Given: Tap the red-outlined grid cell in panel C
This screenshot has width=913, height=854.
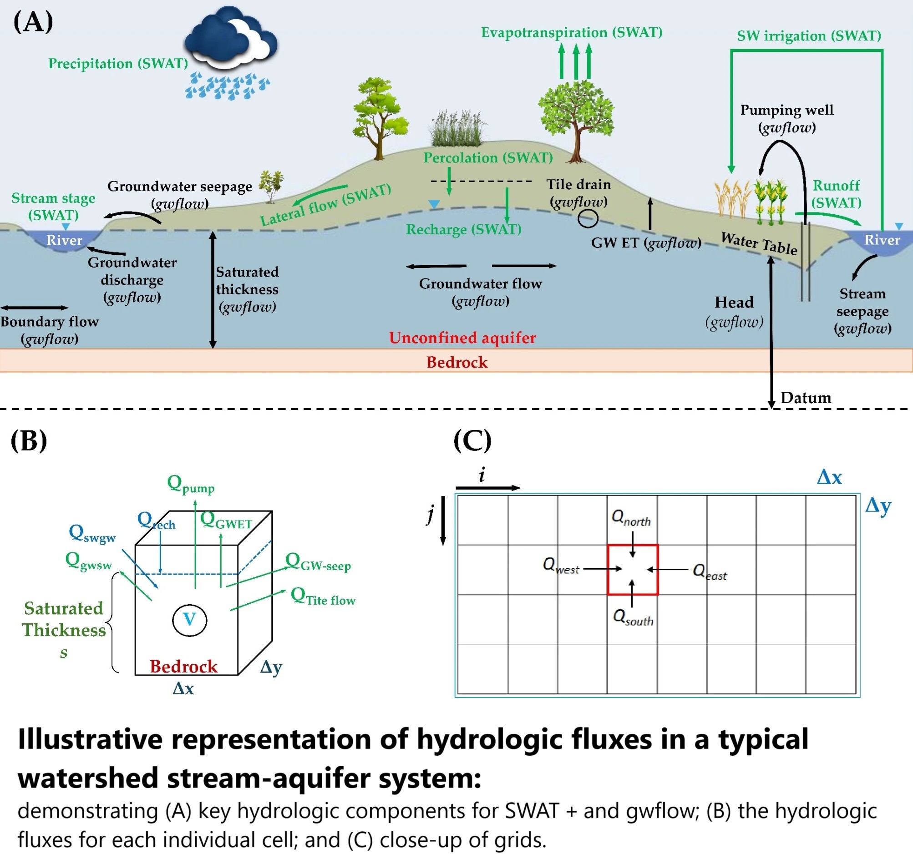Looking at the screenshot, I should [x=632, y=569].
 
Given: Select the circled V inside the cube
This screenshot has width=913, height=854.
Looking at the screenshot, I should [x=190, y=620].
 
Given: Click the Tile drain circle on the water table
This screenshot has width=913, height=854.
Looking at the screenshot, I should [x=588, y=218].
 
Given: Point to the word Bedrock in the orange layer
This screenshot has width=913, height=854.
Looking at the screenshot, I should [x=456, y=362].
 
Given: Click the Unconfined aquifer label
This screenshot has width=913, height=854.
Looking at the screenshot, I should [x=462, y=338].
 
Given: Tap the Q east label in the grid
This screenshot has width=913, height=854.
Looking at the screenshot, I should [x=710, y=572].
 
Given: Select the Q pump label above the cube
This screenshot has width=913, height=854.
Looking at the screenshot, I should [x=190, y=485].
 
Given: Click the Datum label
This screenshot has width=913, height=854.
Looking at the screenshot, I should [x=806, y=398].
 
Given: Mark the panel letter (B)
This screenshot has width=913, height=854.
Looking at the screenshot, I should [x=29, y=441].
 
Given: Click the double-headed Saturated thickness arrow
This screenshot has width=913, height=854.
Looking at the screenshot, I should [x=213, y=289].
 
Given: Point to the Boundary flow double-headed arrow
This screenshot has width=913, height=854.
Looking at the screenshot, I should [x=35, y=308].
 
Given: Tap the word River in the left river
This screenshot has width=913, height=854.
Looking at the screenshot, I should [x=64, y=240].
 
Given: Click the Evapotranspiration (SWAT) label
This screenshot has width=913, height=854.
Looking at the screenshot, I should [x=571, y=33].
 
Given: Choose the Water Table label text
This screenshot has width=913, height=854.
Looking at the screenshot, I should [x=759, y=243].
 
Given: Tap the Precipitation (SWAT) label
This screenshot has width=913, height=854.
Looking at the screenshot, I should [x=118, y=63].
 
